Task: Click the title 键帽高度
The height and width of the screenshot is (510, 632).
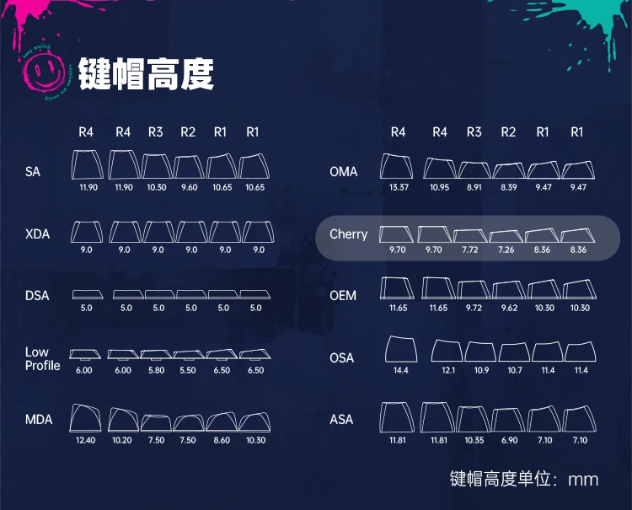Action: tap(147, 74)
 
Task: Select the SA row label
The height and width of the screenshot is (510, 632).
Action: tap(33, 172)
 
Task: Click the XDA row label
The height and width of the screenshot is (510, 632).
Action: tap(38, 234)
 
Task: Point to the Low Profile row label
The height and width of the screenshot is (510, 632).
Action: tap(42, 359)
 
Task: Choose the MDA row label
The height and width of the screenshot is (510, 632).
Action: tap(39, 419)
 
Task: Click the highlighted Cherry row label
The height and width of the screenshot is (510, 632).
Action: tap(348, 234)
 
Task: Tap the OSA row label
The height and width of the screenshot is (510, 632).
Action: tap(342, 357)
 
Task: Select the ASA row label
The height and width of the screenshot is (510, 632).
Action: tap(342, 419)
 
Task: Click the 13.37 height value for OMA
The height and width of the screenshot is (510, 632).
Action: tap(399, 187)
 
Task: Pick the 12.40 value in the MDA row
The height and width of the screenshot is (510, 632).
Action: tap(86, 440)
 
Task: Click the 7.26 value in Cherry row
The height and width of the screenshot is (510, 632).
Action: tap(507, 250)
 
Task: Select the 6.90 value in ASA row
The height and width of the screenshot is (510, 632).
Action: tap(508, 440)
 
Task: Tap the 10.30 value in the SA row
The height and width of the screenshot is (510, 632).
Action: tap(157, 187)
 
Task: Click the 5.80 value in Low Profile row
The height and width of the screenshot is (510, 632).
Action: tap(157, 371)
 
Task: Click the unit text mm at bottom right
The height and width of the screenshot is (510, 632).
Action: tap(583, 480)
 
